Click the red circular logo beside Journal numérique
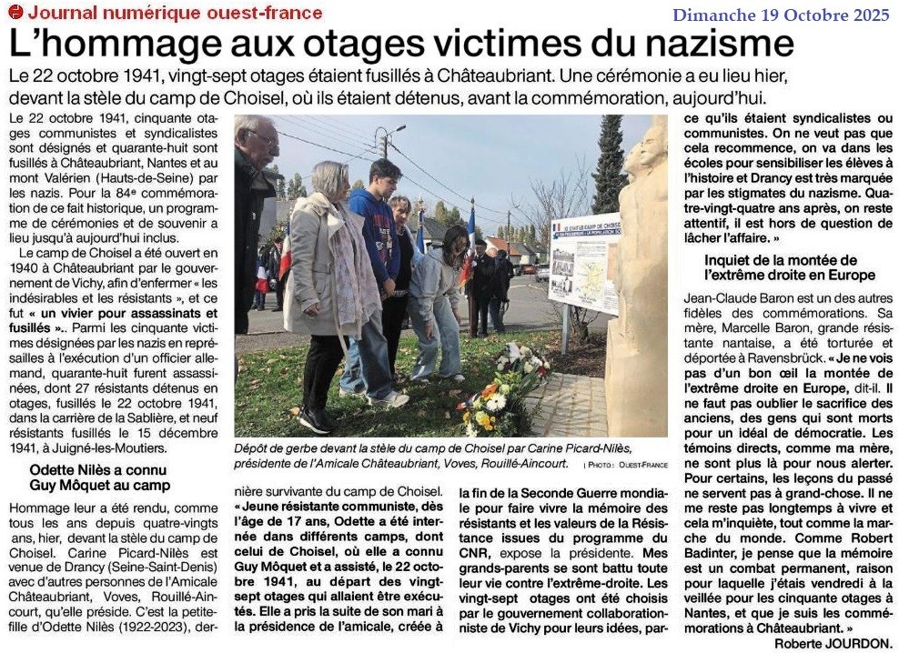point(15,12)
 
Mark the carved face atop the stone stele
point(651,155)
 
